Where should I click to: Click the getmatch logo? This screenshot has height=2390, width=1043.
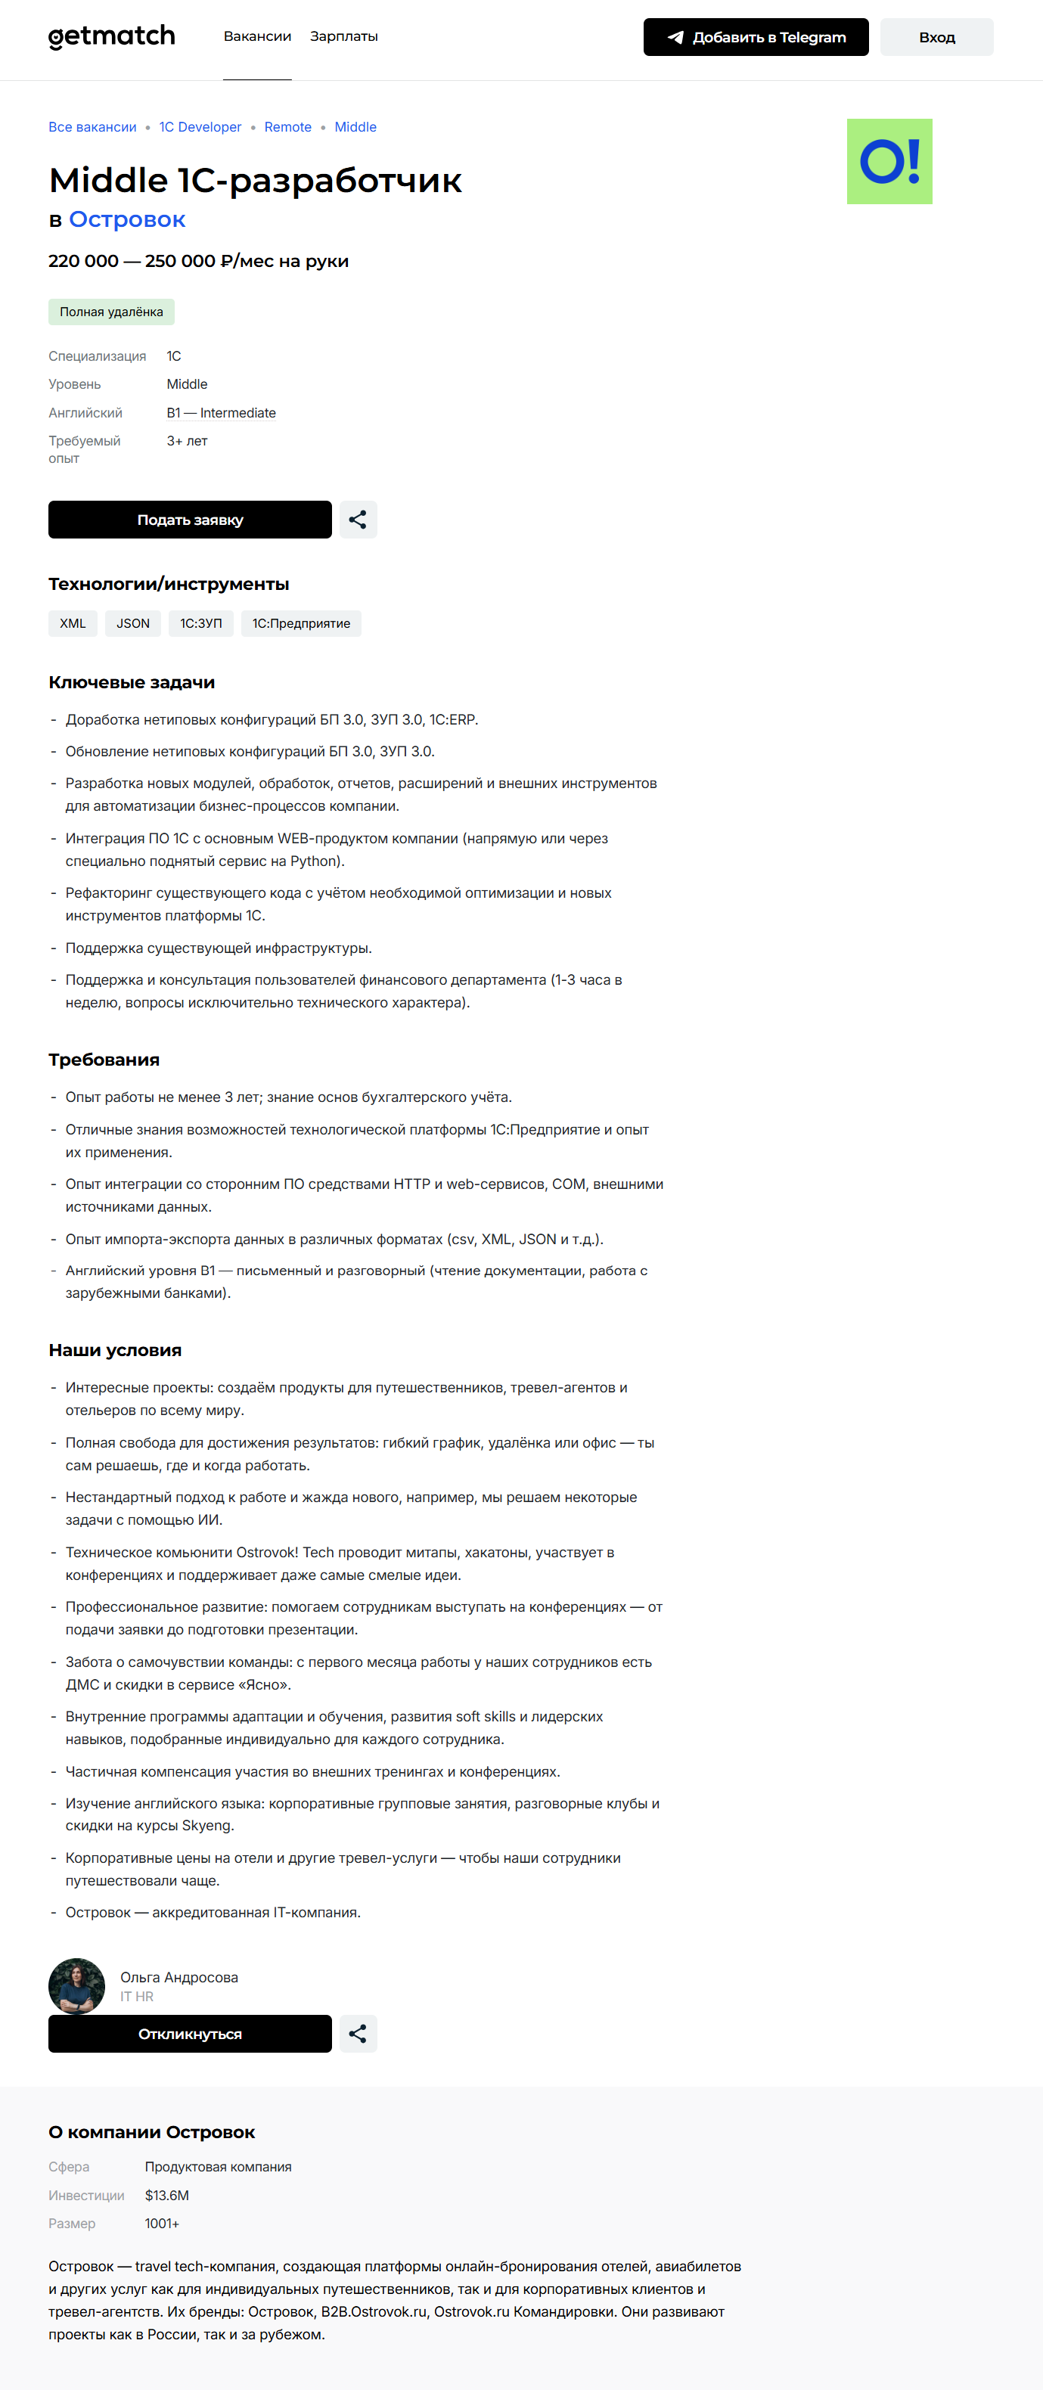[x=111, y=36]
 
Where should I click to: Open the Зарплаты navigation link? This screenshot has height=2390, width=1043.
[x=343, y=36]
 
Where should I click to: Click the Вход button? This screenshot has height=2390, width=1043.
[x=936, y=37]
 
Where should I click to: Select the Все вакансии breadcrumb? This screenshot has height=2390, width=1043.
[x=92, y=127]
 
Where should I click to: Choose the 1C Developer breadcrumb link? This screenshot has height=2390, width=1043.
[x=200, y=127]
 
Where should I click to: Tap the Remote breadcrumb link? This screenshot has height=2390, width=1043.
[x=287, y=127]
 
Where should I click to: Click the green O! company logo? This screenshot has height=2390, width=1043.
[x=889, y=161]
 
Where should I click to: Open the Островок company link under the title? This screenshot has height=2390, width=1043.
[x=127, y=220]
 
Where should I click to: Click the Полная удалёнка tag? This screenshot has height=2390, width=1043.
[x=111, y=312]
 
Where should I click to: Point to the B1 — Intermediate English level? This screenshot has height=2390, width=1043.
[x=221, y=413]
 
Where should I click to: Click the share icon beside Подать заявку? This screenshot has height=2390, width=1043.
[x=357, y=520]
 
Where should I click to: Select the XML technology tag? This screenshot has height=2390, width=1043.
[x=73, y=623]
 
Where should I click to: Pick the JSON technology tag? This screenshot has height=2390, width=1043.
[x=132, y=623]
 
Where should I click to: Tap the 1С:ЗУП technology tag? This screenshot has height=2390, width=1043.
[x=200, y=623]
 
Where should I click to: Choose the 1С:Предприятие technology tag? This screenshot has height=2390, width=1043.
[x=301, y=623]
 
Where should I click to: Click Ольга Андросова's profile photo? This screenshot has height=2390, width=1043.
[x=76, y=1985]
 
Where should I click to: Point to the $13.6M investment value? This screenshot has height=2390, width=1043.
[x=167, y=2195]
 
